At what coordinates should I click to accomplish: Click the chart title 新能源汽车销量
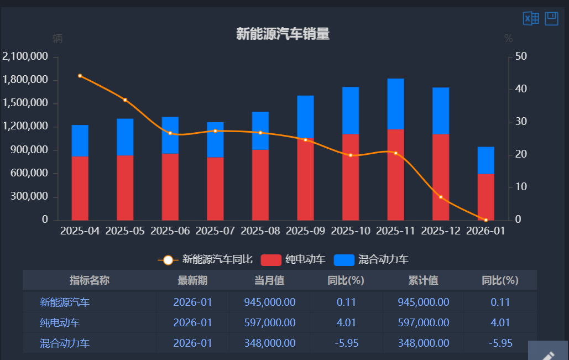click(x=283, y=34)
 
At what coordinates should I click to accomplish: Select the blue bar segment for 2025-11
click(x=395, y=103)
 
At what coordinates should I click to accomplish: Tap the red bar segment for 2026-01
click(x=486, y=197)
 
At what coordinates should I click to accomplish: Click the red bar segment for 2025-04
click(x=80, y=188)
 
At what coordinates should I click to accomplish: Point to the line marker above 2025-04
click(x=80, y=76)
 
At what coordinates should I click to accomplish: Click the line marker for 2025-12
click(x=441, y=197)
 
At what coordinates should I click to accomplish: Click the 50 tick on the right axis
click(x=521, y=56)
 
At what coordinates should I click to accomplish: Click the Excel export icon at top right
click(x=531, y=19)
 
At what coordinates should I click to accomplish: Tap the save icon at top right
click(x=551, y=19)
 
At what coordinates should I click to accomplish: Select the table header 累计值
click(x=423, y=280)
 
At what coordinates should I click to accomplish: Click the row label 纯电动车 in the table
click(x=56, y=322)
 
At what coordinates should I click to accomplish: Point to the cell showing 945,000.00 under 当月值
click(x=269, y=302)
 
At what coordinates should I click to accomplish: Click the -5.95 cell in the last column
click(x=500, y=343)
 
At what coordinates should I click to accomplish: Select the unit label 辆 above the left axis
click(x=58, y=39)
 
